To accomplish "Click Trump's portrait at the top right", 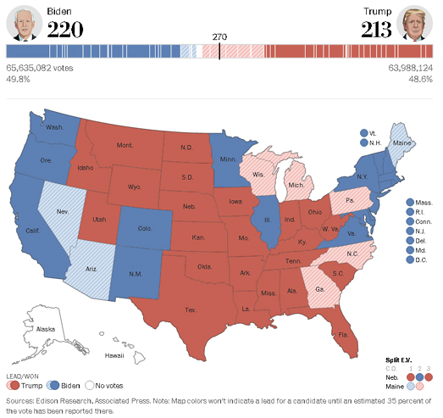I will click(418, 24).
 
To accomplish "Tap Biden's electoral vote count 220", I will click(65, 30).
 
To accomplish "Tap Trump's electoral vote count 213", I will click(374, 30).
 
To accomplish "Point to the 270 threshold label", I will click(220, 36).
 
